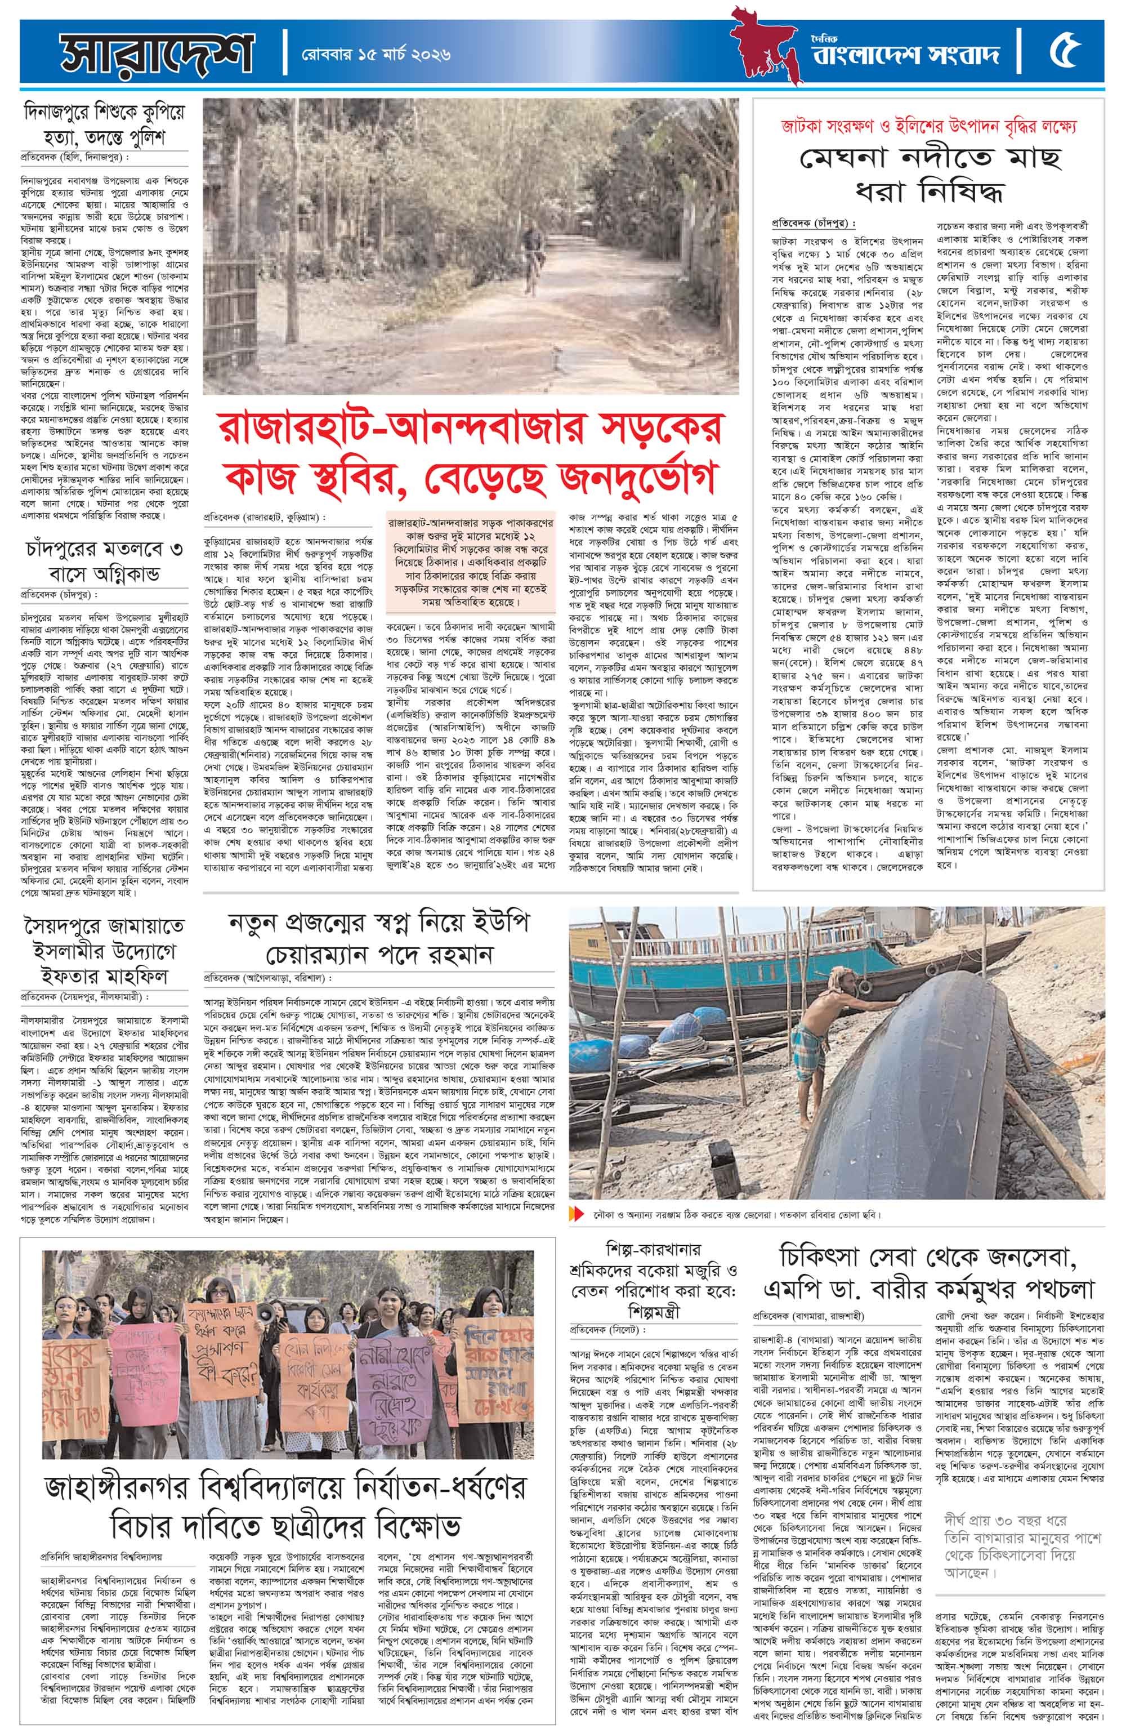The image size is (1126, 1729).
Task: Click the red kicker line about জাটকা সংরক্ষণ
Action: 932,124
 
